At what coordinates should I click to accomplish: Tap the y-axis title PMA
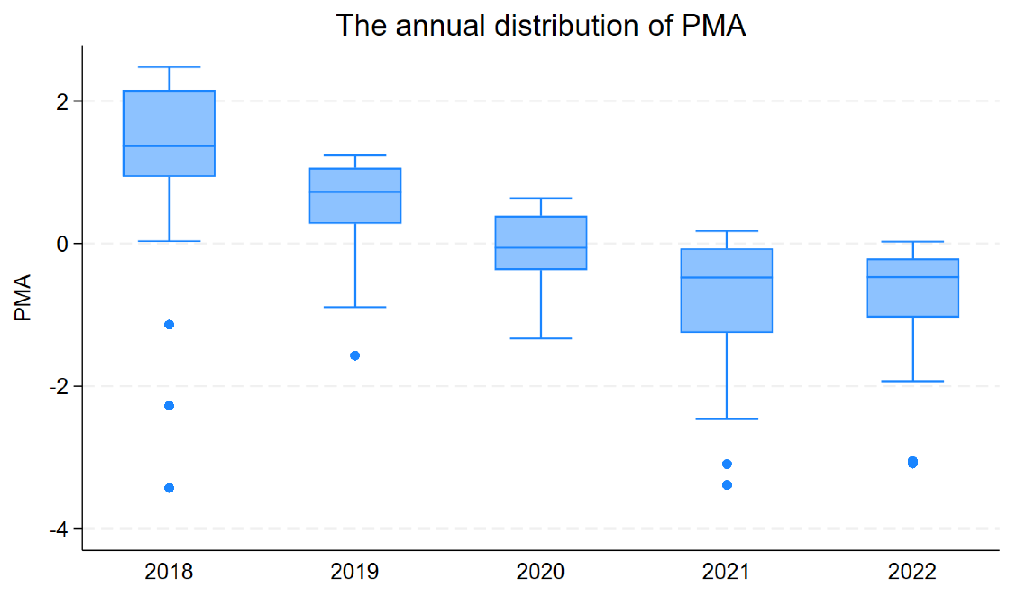tap(22, 298)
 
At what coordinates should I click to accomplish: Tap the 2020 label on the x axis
tap(541, 572)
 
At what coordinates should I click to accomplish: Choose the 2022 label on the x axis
tap(912, 572)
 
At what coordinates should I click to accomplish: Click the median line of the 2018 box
tap(169, 146)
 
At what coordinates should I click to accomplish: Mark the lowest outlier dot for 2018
tap(169, 488)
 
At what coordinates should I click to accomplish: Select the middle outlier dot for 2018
tap(169, 406)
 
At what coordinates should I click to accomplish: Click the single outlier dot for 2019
tap(355, 356)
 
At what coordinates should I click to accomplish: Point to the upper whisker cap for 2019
tap(355, 155)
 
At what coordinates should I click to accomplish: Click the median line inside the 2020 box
tap(541, 248)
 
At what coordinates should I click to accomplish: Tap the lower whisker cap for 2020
tap(541, 338)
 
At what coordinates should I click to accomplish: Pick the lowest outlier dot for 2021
tap(727, 485)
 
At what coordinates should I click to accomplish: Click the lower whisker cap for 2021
tap(727, 419)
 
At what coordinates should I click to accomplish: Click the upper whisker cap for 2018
tap(169, 67)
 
